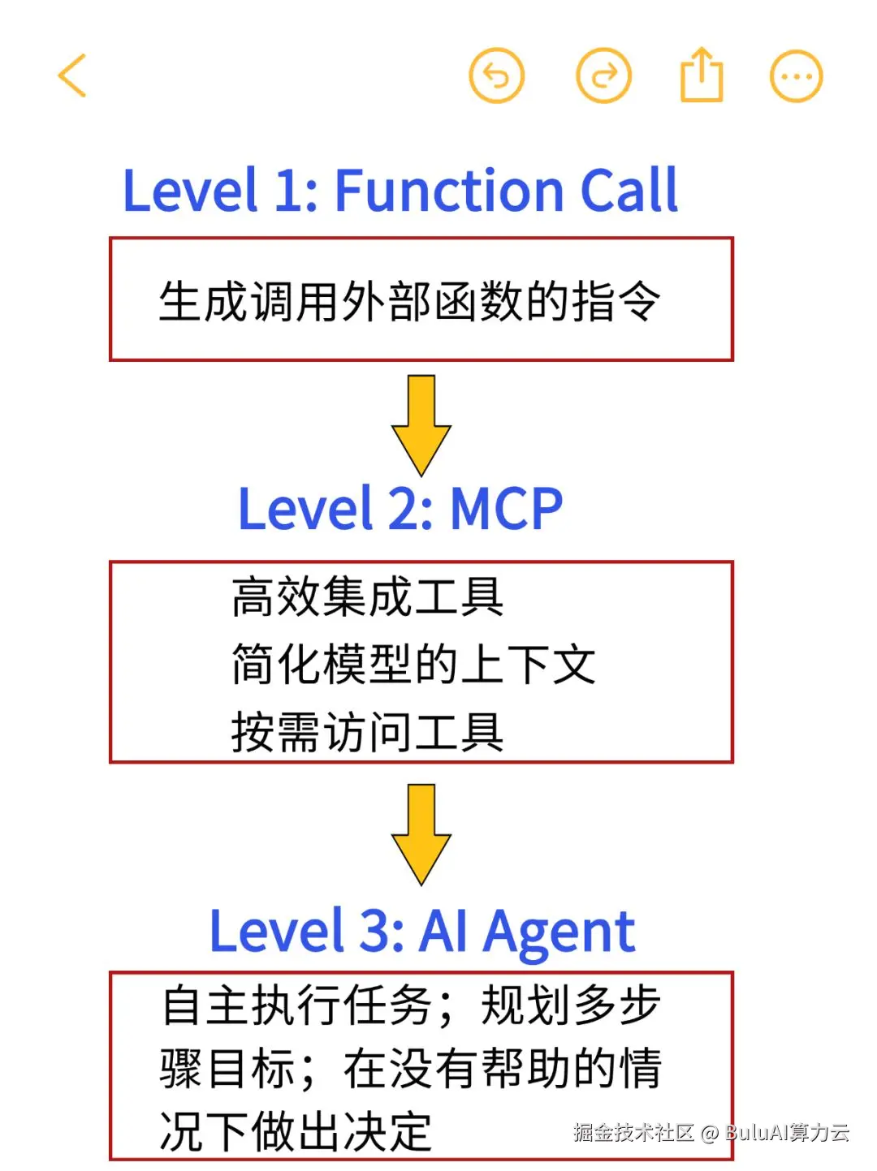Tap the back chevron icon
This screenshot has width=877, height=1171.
pyautogui.click(x=72, y=75)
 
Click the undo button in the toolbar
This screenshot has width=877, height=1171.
pyautogui.click(x=497, y=75)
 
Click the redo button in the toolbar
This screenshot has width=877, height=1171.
pyautogui.click(x=603, y=75)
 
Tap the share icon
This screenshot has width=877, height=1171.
pyautogui.click(x=701, y=75)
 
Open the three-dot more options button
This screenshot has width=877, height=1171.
pyautogui.click(x=796, y=76)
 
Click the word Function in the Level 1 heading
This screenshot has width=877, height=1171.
pyautogui.click(x=449, y=192)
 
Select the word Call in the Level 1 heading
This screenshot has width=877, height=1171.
pyautogui.click(x=629, y=192)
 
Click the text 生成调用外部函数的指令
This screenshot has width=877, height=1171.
pyautogui.click(x=409, y=301)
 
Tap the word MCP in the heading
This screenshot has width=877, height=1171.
pyautogui.click(x=506, y=510)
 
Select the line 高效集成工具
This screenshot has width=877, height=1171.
pyautogui.click(x=367, y=596)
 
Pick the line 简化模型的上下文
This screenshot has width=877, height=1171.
pyautogui.click(x=413, y=664)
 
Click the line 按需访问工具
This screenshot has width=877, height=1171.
pyautogui.click(x=367, y=732)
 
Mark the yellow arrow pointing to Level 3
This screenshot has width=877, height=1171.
pyautogui.click(x=421, y=834)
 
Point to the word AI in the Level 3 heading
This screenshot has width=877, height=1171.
pyautogui.click(x=443, y=931)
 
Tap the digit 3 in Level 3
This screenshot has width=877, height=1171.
pyautogui.click(x=375, y=931)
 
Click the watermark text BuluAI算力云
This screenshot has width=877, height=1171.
pyautogui.click(x=787, y=1132)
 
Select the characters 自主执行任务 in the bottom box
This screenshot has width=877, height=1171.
pyautogui.click(x=297, y=1005)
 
